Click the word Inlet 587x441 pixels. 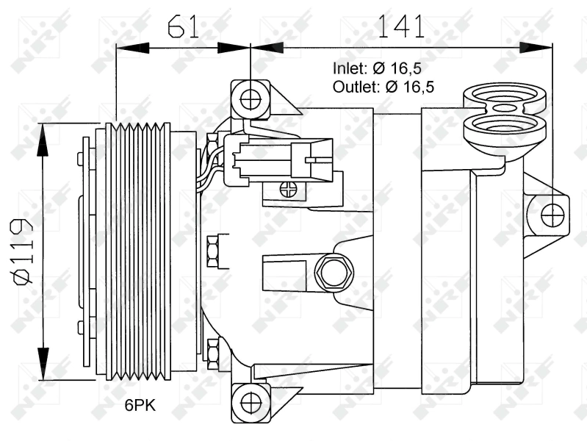pos(349,68)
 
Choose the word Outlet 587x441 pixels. pos(353,87)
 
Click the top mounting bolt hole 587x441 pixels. pos(251,98)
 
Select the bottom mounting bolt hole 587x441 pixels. pos(251,401)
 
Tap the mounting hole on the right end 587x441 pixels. pos(552,215)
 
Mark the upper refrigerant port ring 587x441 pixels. pos(505,96)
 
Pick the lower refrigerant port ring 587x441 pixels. pos(505,126)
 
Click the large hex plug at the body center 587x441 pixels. pos(334,272)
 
